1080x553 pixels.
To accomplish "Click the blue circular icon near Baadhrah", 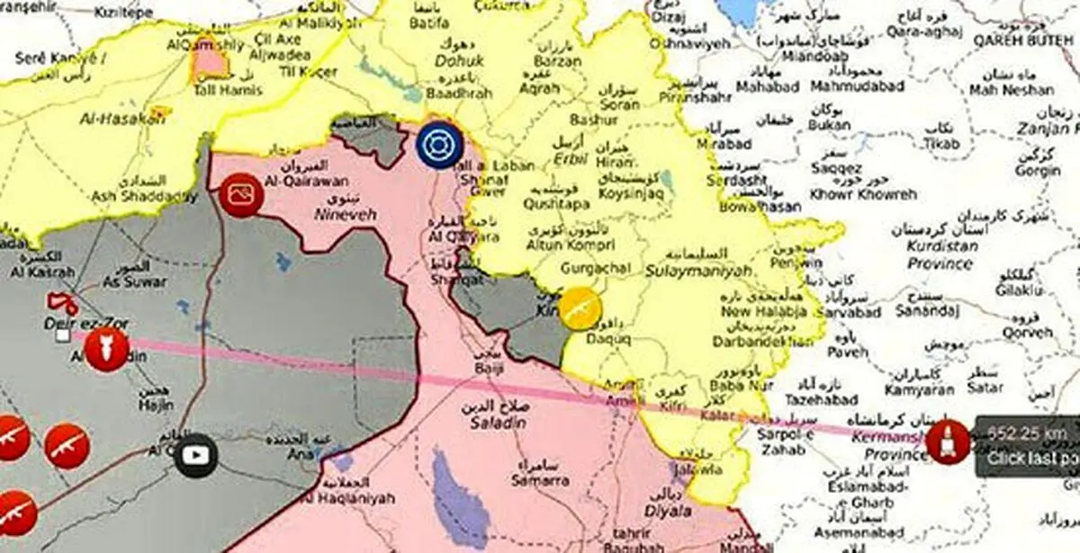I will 439,144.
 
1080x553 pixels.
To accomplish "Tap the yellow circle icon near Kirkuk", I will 580,308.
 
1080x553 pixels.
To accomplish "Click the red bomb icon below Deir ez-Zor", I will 107,350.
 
